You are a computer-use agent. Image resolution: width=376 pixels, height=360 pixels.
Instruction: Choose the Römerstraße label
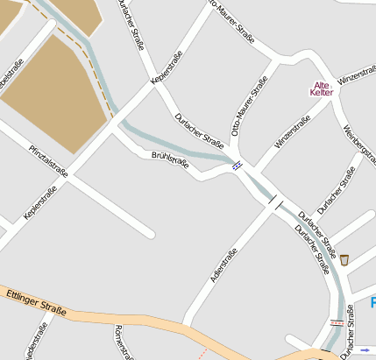(x=123, y=342)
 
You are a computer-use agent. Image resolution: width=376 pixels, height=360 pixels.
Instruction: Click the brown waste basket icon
(x=344, y=259)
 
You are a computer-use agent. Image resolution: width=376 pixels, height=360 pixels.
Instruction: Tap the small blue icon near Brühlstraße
(x=237, y=165)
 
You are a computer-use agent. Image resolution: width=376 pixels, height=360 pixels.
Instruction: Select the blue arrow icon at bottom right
(x=365, y=349)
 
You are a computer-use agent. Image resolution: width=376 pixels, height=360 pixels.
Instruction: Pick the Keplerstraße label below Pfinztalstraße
(x=46, y=201)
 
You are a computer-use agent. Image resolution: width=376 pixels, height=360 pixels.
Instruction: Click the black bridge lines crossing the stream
(x=275, y=203)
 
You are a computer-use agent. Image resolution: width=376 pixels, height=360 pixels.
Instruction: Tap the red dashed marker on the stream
(x=337, y=322)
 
